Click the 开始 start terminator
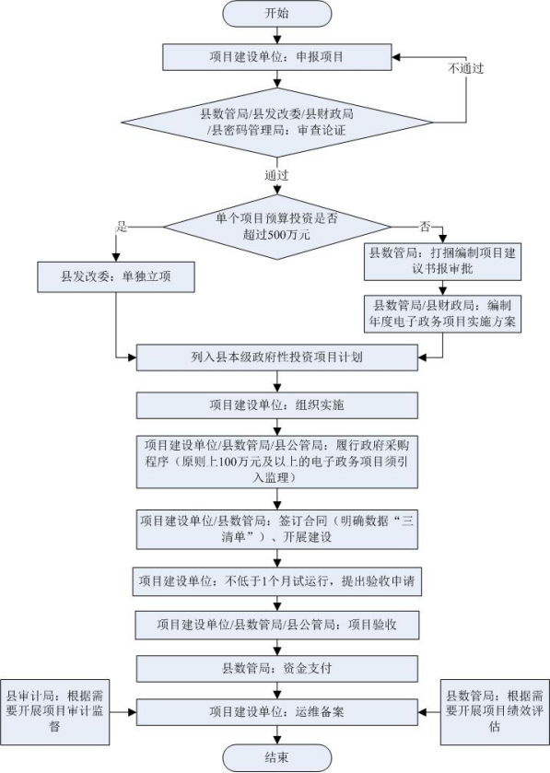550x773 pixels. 277,13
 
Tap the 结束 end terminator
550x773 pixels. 277,757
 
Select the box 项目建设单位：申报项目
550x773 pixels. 277,57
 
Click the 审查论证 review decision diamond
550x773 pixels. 277,123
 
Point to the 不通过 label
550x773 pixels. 465,68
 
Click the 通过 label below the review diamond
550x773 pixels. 276,175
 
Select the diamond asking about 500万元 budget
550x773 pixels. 277,227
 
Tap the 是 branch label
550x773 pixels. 122,227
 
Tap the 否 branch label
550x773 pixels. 425,227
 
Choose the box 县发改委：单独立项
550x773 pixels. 116,276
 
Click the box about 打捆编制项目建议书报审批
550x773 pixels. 442,262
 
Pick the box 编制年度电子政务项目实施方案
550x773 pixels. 442,314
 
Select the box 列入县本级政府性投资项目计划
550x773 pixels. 277,357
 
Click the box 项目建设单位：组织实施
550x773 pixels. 277,405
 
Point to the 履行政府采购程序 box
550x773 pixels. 277,462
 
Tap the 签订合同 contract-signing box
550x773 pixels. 277,530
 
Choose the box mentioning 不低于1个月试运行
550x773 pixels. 277,581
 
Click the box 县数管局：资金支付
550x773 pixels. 277,669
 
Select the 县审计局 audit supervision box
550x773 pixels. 54,712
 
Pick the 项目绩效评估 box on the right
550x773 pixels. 495,712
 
